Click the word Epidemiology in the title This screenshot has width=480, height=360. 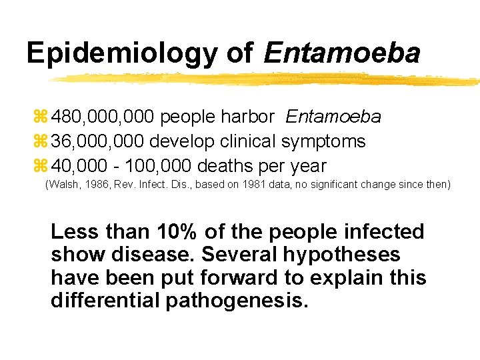pyautogui.click(x=121, y=53)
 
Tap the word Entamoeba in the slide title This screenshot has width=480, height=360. pyautogui.click(x=341, y=53)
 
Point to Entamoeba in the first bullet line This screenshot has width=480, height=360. pyautogui.click(x=333, y=117)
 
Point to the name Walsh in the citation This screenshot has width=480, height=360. pyautogui.click(x=64, y=183)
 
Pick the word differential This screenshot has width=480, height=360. pyautogui.click(x=103, y=300)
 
